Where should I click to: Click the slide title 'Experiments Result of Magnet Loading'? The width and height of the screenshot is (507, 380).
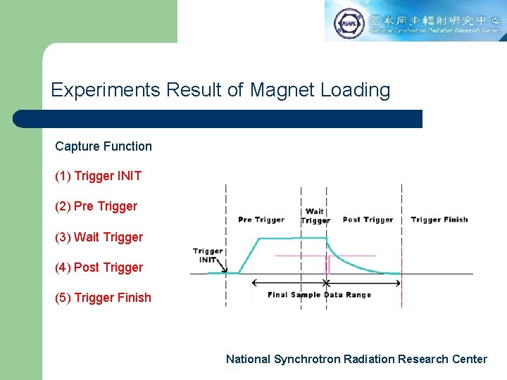click(x=220, y=90)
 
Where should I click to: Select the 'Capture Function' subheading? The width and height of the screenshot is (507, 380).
click(x=104, y=146)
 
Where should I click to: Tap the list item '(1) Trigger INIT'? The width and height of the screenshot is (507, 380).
click(x=99, y=176)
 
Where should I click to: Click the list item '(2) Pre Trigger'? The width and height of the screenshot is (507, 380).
click(x=96, y=206)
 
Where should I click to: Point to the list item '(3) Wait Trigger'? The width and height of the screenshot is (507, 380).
click(x=99, y=237)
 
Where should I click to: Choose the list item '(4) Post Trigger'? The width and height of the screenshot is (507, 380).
click(x=99, y=267)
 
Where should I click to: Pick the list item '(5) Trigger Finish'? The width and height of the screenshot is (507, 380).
click(x=104, y=298)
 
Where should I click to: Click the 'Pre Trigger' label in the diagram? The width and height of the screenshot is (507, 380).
click(x=261, y=220)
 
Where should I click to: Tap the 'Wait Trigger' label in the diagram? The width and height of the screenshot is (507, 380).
click(x=315, y=215)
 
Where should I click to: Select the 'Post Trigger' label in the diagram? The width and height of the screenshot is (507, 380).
click(x=368, y=220)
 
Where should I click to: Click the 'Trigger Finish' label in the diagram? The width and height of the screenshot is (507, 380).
click(x=439, y=220)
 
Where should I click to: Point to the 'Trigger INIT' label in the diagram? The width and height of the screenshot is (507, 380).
click(x=208, y=255)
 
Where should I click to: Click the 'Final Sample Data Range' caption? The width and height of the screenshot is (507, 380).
click(x=319, y=295)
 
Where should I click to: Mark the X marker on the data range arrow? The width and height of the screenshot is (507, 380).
click(x=326, y=283)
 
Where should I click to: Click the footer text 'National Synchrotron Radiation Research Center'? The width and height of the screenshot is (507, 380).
click(x=356, y=359)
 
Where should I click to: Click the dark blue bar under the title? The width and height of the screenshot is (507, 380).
click(x=218, y=119)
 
